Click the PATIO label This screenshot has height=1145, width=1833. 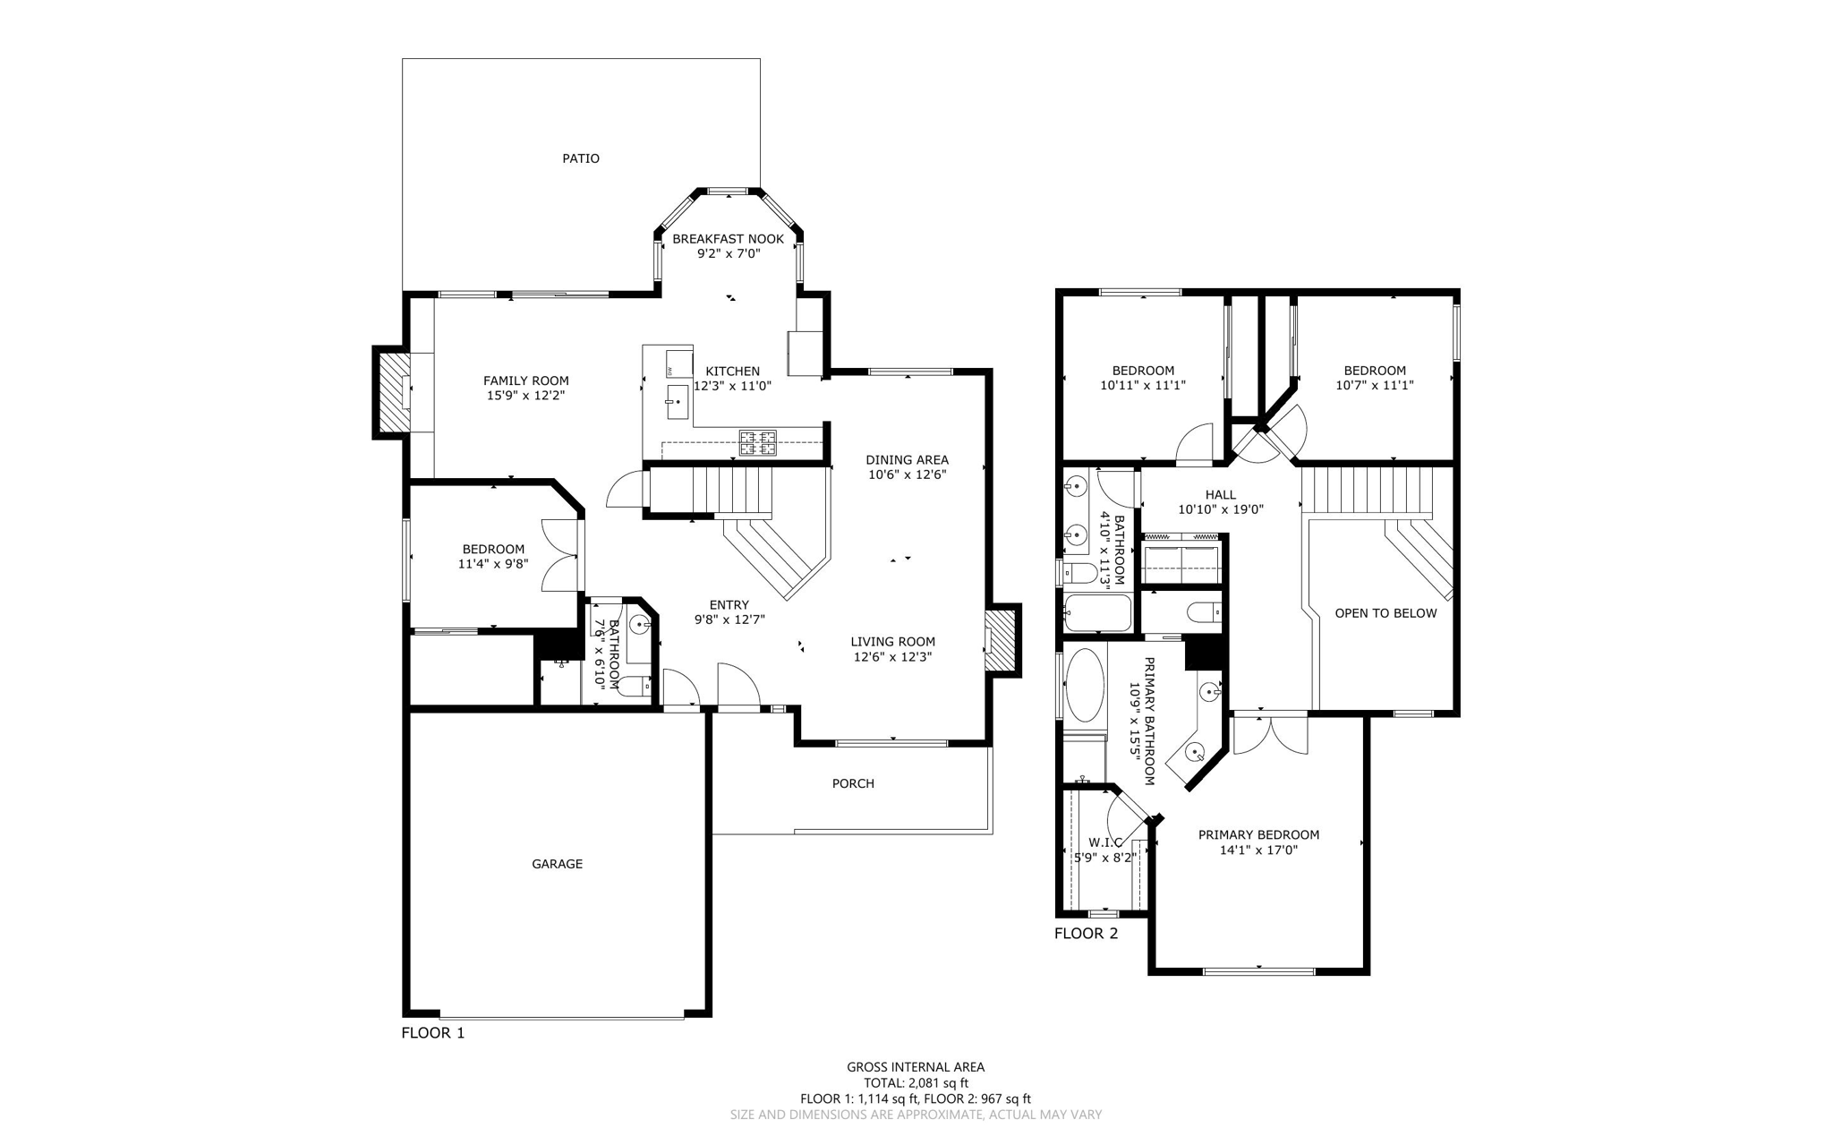pyautogui.click(x=580, y=158)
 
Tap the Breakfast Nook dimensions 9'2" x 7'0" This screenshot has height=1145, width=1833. pyautogui.click(x=728, y=253)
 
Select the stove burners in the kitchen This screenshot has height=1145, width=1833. pyautogui.click(x=757, y=442)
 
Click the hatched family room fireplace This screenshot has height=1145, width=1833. pyautogui.click(x=392, y=392)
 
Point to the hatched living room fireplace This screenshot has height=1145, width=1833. pyautogui.click(x=1002, y=641)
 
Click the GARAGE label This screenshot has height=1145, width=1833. pyautogui.click(x=557, y=864)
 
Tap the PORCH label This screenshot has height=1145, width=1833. pyautogui.click(x=852, y=783)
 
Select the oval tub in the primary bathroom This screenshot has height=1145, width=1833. pyautogui.click(x=1085, y=686)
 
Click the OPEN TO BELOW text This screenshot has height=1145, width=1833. pyautogui.click(x=1385, y=613)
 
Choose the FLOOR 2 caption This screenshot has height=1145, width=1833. pyautogui.click(x=1086, y=934)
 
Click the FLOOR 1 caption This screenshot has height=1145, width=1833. pyautogui.click(x=432, y=1032)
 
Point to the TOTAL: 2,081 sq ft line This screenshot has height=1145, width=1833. pyautogui.click(x=916, y=1082)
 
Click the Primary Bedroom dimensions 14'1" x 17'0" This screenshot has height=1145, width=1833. pyautogui.click(x=1258, y=850)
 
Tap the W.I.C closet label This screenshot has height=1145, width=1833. pyautogui.click(x=1104, y=842)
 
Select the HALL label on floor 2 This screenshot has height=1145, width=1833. pyautogui.click(x=1220, y=494)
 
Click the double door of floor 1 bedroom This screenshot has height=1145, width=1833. pyautogui.click(x=562, y=555)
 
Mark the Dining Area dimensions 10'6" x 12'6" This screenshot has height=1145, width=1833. pyautogui.click(x=907, y=474)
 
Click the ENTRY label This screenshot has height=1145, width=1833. pyautogui.click(x=729, y=605)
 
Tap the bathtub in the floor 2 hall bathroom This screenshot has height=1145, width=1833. pyautogui.click(x=1098, y=613)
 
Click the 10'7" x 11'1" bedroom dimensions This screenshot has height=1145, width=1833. pyautogui.click(x=1374, y=385)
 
